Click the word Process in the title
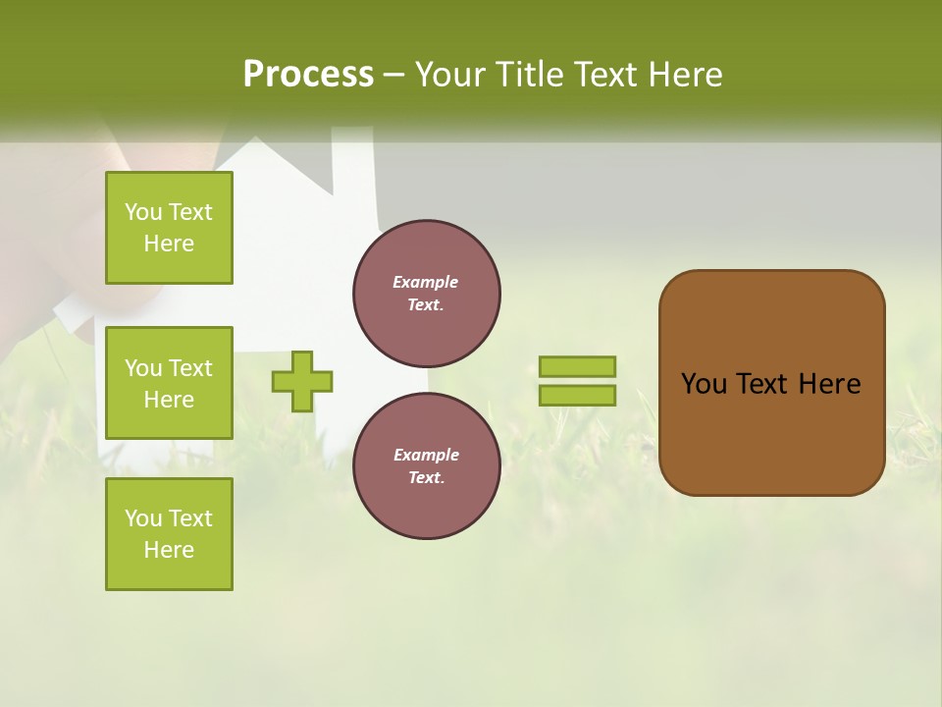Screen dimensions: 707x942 coord(308,75)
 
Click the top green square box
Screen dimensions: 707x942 coord(169,228)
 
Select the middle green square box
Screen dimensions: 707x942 coord(169,383)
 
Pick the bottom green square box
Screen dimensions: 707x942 coord(169,534)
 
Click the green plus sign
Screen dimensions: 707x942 coord(302,381)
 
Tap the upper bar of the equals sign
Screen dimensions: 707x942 coord(577,366)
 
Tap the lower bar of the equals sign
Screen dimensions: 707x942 coord(577,395)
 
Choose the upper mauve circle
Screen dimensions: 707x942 coord(427,294)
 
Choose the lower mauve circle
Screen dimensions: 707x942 coord(427,466)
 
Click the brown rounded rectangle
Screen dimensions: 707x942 coord(771,432)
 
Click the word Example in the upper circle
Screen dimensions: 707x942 coord(426,282)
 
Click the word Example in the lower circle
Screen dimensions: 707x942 coord(426,455)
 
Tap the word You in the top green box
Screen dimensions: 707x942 coord(143,212)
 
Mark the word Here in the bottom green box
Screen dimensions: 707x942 coord(169,550)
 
